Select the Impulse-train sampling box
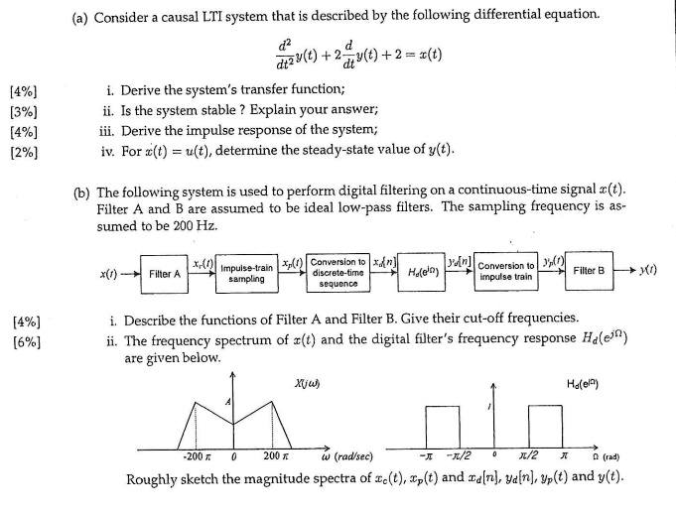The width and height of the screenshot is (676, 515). (x=246, y=274)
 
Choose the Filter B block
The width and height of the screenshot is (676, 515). (x=588, y=271)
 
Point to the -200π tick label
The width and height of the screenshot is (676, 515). (x=195, y=457)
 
